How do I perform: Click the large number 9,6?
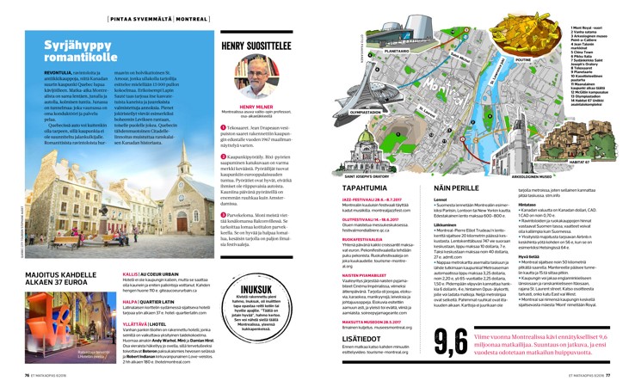click(453, 341)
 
